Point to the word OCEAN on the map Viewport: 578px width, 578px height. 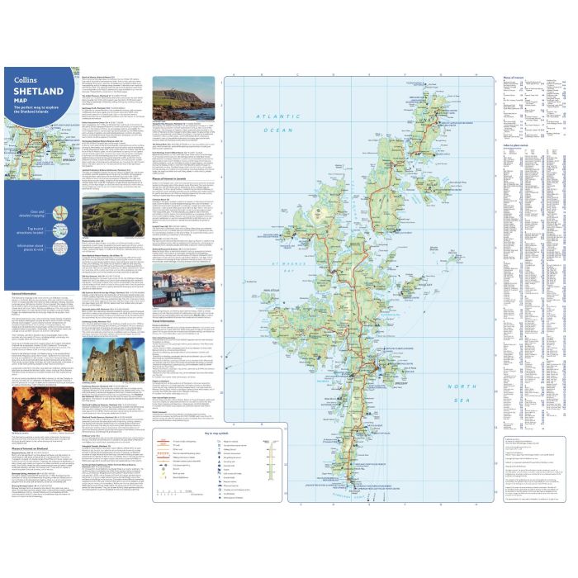click(x=273, y=130)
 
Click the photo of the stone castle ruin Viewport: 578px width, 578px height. click(x=101, y=362)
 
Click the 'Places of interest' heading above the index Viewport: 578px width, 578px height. click(x=513, y=78)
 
